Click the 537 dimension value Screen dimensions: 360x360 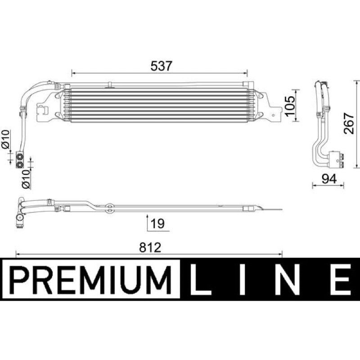(161, 66)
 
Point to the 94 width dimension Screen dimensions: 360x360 (329, 179)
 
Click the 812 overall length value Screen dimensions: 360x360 (150, 247)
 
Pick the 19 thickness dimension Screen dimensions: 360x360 (158, 223)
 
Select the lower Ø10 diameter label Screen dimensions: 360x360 (26, 179)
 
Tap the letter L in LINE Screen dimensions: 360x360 (200, 279)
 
